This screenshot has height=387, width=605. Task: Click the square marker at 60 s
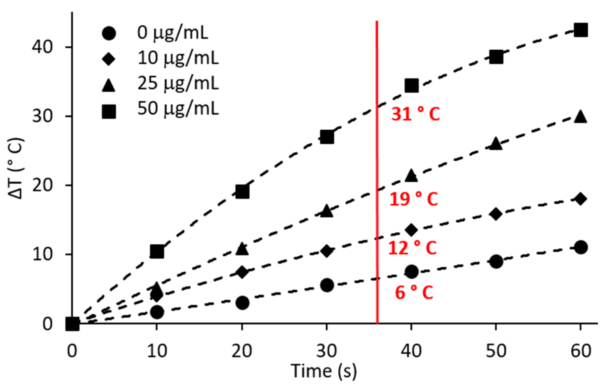[580, 30]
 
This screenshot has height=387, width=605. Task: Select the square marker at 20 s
[242, 192]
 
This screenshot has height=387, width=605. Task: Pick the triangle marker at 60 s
[580, 117]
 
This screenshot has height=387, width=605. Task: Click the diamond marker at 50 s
[496, 214]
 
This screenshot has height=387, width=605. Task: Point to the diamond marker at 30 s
[327, 251]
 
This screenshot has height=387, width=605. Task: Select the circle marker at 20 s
[242, 303]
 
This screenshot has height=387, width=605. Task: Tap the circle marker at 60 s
[580, 247]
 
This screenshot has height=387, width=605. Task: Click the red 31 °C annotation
[415, 114]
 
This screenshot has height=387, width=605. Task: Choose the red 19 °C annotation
[413, 199]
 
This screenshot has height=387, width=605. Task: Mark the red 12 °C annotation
[412, 248]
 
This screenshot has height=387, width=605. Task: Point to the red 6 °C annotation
[413, 292]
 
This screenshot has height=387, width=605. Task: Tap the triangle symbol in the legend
[109, 85]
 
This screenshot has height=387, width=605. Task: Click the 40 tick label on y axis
[43, 47]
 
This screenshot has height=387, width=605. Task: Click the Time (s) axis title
[324, 371]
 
